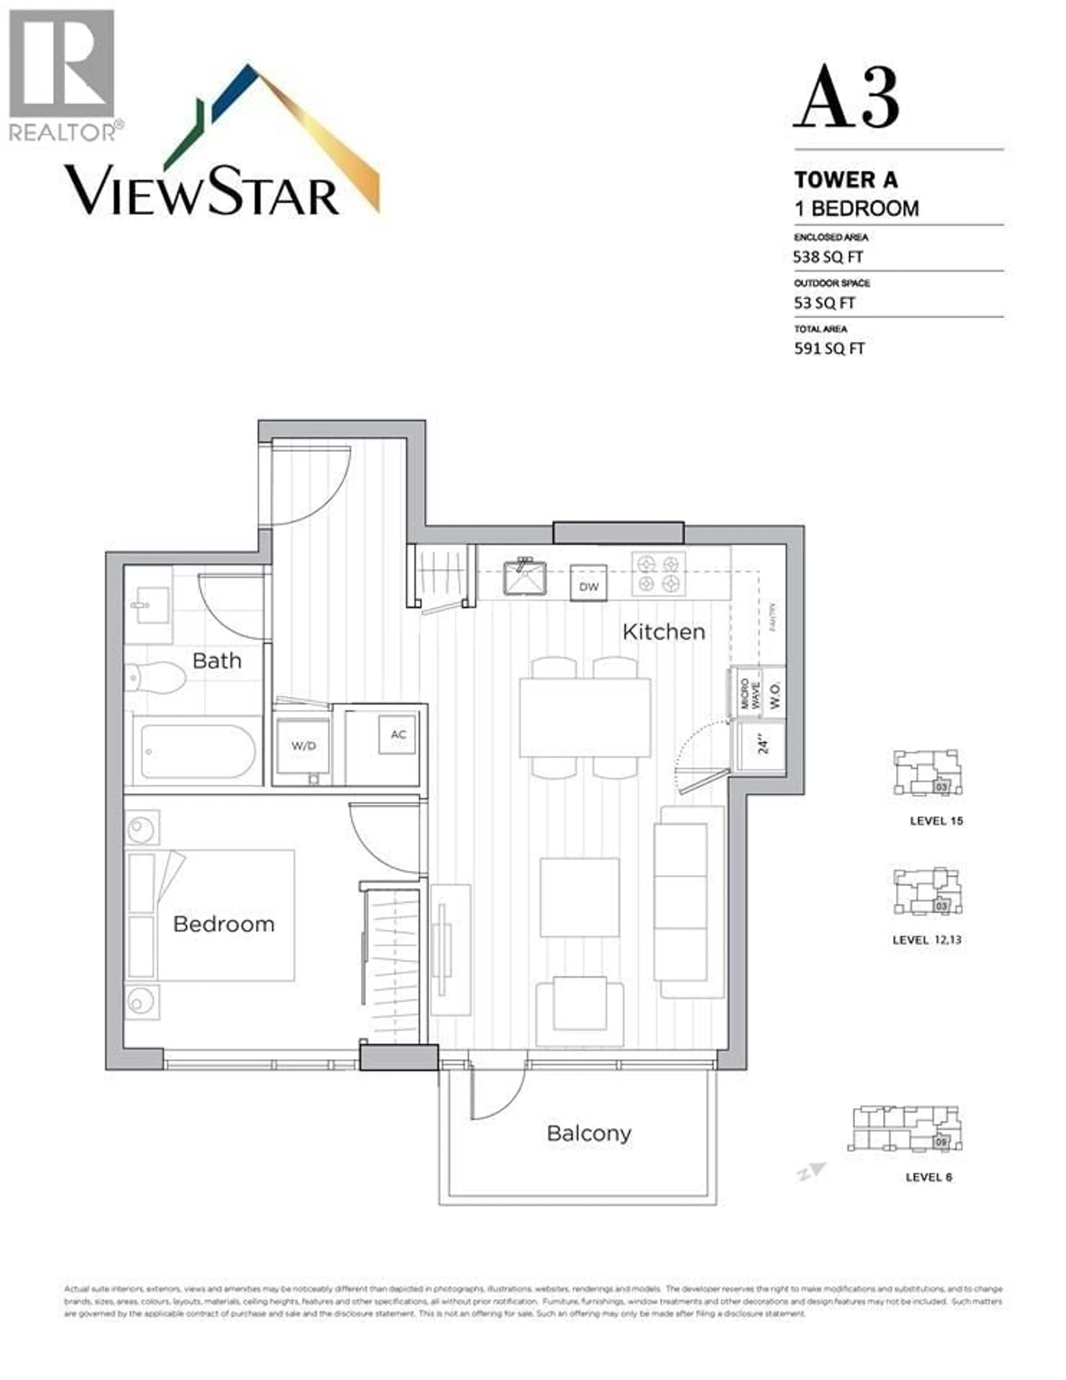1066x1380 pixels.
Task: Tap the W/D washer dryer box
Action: pos(303,746)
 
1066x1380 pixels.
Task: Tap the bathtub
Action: pos(198,752)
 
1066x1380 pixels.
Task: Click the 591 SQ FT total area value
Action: pos(828,349)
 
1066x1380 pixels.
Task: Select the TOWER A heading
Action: pos(845,180)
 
